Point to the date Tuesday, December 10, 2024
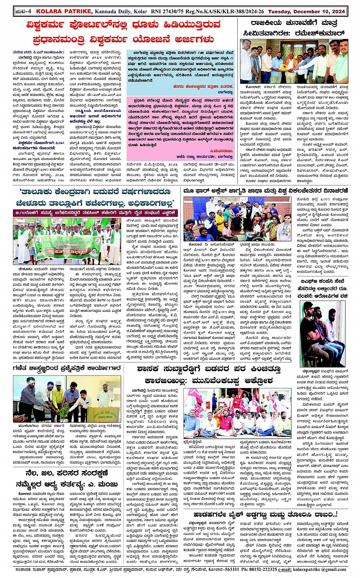click(x=307, y=11)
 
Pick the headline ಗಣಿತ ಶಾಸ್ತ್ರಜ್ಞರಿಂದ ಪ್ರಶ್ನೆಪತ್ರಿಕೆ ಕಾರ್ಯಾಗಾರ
click(x=67, y=368)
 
